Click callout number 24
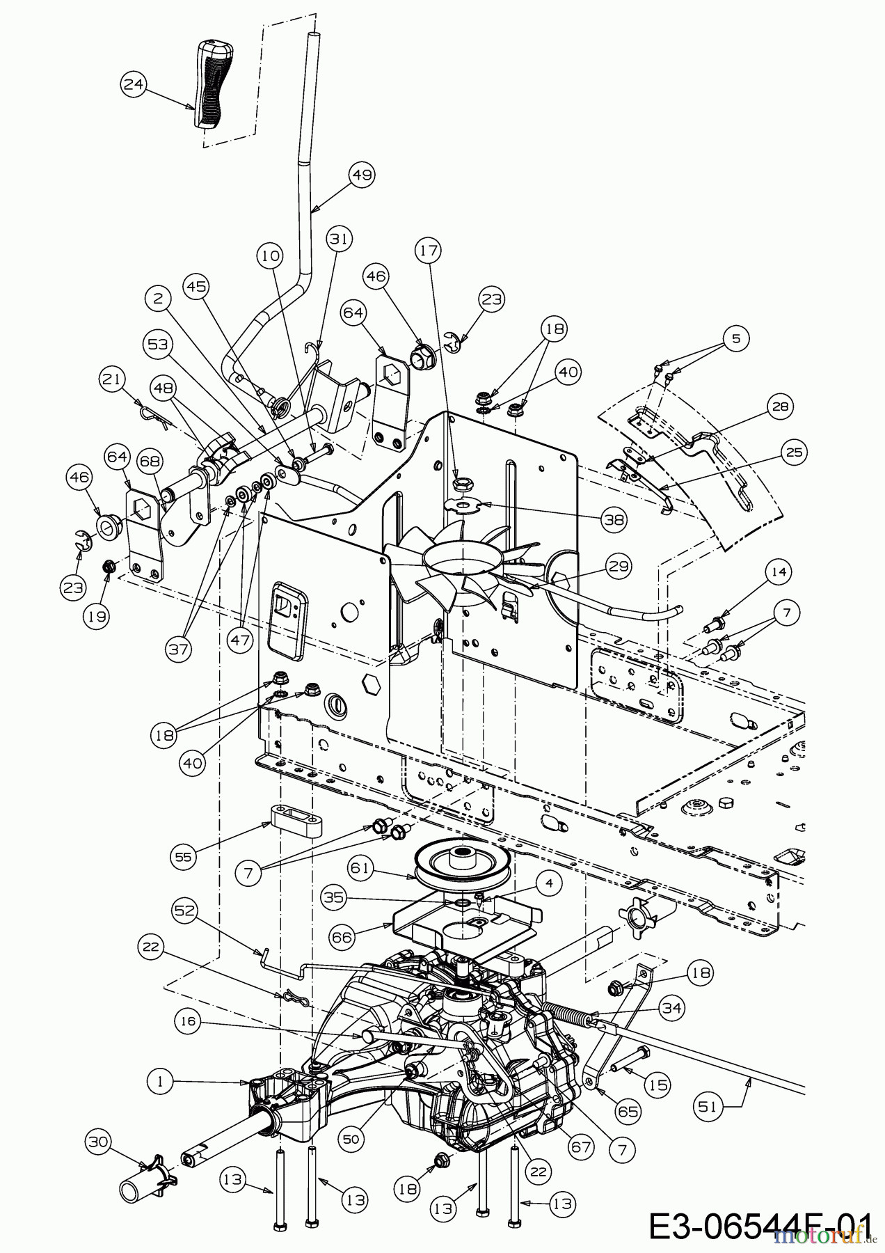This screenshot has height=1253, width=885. (133, 86)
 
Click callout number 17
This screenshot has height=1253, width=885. (429, 251)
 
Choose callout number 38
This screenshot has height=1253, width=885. (614, 519)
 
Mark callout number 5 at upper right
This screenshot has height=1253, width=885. (736, 338)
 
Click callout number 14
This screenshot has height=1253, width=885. (779, 572)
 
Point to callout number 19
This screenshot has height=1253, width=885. (97, 617)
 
